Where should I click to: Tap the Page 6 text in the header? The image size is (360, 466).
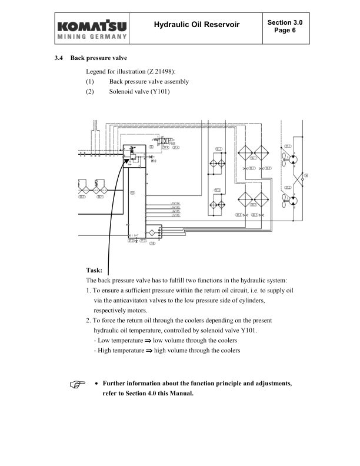(285, 29)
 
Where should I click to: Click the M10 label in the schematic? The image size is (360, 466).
(154, 160)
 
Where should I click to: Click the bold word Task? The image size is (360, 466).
(94, 270)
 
